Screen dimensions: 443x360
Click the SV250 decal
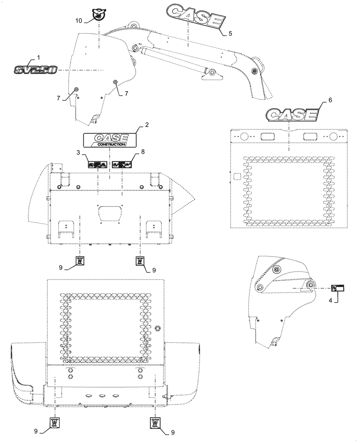[35, 70]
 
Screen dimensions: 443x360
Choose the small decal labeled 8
[122, 164]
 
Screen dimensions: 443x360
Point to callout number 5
[230, 33]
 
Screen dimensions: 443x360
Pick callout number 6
[329, 101]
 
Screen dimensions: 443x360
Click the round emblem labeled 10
[97, 16]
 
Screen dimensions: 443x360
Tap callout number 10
[78, 20]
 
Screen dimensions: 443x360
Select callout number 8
[142, 152]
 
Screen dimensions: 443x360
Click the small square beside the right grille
[237, 177]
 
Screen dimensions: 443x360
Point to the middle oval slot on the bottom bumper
[102, 396]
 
